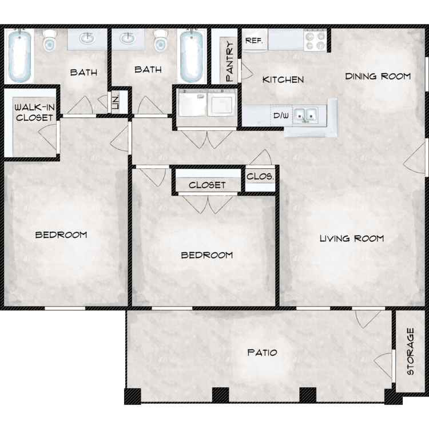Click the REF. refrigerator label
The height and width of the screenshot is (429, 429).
tap(254, 41)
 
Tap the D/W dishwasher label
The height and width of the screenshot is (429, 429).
tap(281, 116)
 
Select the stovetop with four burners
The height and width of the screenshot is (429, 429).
tap(315, 40)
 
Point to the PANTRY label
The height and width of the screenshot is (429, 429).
tap(230, 61)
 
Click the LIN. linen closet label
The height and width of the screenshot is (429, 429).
tap(116, 102)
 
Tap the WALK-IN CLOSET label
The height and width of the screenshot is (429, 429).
tap(34, 113)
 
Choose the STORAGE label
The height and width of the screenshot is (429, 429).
tap(410, 351)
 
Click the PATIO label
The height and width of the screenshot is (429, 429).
tap(262, 352)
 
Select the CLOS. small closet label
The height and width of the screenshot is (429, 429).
tap(260, 177)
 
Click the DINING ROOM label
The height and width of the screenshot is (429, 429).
tap(378, 76)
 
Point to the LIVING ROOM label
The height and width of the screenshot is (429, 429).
tap(352, 239)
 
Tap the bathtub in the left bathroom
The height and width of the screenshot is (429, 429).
tap(19, 57)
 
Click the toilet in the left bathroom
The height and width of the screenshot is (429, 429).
tap(50, 40)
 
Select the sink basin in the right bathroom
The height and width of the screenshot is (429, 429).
tap(128, 38)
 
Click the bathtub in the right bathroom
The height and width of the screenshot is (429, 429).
tap(192, 56)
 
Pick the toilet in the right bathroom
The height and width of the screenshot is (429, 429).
tap(160, 41)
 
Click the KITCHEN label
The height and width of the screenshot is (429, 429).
tap(283, 80)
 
